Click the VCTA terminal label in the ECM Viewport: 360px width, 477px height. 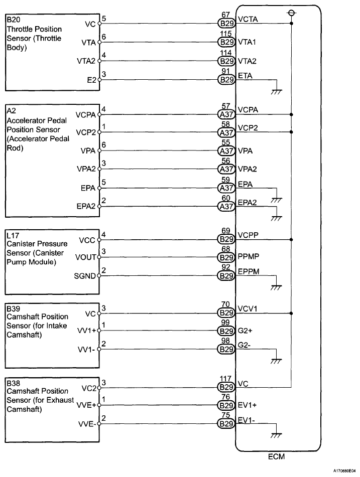(248, 20)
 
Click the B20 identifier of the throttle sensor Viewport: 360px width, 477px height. (12, 20)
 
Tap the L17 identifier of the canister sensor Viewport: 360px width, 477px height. (12, 234)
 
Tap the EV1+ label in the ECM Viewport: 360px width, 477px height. (247, 405)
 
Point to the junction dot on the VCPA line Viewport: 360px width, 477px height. (292, 114)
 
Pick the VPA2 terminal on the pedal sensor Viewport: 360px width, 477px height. (87, 170)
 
